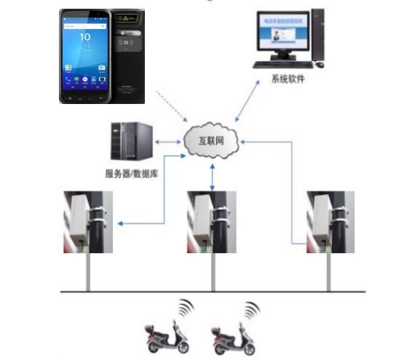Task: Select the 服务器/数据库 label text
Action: (x=129, y=174)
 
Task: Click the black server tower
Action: (x=131, y=141)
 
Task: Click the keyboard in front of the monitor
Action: (x=279, y=65)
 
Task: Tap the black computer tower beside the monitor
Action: (x=318, y=37)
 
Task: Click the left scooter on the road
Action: (x=163, y=335)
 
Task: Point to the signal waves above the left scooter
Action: (x=186, y=309)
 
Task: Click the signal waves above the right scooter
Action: (x=252, y=311)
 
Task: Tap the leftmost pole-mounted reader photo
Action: (x=88, y=222)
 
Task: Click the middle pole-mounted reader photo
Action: (x=213, y=222)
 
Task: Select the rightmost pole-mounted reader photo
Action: (x=331, y=222)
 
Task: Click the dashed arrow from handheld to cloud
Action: (x=174, y=109)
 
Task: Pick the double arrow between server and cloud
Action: (x=169, y=143)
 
